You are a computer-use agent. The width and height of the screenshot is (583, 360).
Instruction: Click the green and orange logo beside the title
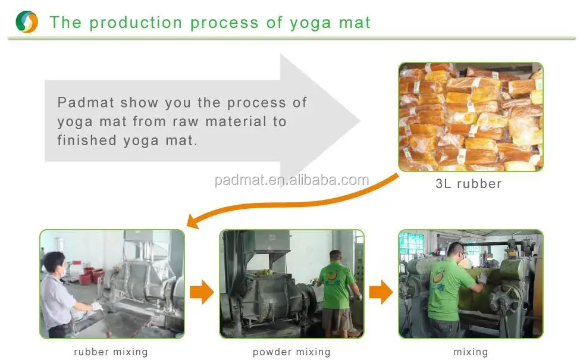coord(27,21)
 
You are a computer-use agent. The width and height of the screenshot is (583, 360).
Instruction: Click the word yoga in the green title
coord(311,23)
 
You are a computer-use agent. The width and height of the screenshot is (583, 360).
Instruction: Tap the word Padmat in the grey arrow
coord(86,102)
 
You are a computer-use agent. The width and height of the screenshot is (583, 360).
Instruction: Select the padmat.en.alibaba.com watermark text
coord(291,180)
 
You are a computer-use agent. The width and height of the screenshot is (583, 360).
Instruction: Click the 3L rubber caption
coord(469,184)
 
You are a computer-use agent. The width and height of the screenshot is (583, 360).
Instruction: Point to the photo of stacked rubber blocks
coord(471,117)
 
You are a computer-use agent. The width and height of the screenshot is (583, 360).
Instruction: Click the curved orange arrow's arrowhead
coord(193,221)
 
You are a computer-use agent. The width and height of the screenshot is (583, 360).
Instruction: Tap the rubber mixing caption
coord(111,352)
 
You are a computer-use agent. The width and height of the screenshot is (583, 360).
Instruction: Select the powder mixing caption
coord(291,352)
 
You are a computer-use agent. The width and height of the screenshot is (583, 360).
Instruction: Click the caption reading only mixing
coord(471,352)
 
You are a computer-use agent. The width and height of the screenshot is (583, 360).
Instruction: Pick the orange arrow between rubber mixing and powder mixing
coord(202,292)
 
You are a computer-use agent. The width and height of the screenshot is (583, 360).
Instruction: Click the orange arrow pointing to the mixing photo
coord(381,292)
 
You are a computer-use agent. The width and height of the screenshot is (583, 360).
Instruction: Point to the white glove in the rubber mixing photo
coord(97,306)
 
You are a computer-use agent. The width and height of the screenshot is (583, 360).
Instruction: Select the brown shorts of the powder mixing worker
coord(337,319)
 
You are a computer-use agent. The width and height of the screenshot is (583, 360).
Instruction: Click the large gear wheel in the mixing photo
coord(504,299)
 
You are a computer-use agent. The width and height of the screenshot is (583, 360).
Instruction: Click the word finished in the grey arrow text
coord(87,140)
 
